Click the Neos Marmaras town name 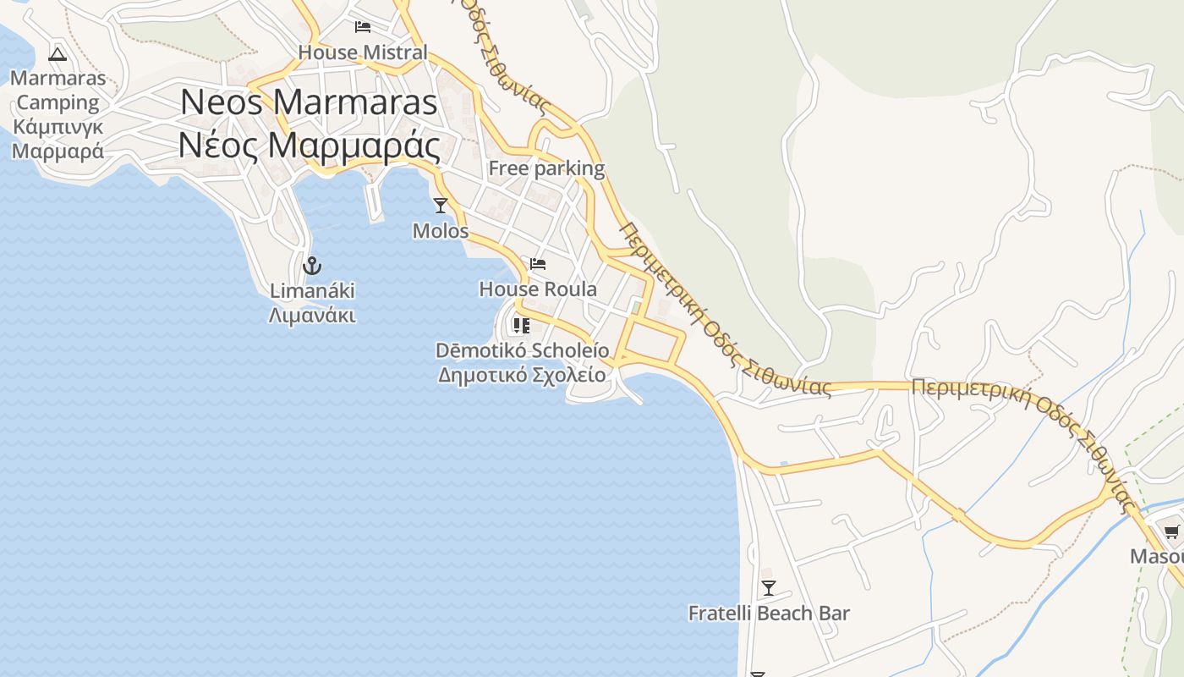309,102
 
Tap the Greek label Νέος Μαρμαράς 309,145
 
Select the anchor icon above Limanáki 312,266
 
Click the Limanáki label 312,291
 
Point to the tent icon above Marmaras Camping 58,55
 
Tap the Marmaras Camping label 58,91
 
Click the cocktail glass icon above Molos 440,205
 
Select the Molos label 440,230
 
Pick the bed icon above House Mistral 363,27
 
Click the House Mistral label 363,52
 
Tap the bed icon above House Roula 538,264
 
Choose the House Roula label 538,289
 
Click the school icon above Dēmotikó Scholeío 522,326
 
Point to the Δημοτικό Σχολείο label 522,375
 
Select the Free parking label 546,168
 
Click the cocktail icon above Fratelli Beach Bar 768,588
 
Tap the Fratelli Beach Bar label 768,614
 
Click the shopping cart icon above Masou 1171,532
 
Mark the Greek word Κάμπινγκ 58,127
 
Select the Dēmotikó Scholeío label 522,350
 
